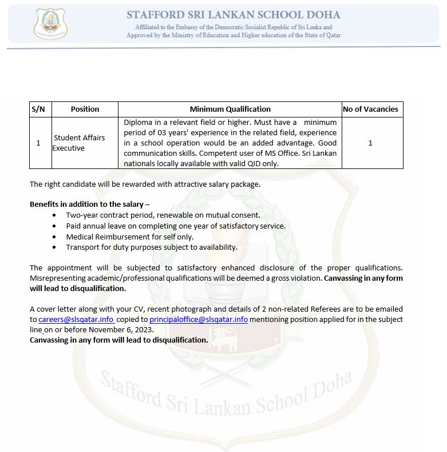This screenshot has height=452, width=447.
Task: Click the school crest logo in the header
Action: (x=51, y=24)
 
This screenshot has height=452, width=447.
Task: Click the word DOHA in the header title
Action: (x=323, y=15)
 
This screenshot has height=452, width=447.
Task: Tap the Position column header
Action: (x=85, y=109)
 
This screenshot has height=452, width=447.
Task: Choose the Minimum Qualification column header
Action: (x=230, y=109)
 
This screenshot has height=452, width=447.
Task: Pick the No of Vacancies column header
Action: (x=370, y=109)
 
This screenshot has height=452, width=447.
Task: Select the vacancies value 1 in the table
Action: (x=370, y=143)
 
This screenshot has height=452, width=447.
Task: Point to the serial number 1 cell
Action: (x=38, y=143)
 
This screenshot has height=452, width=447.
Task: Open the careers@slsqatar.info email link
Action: (x=76, y=319)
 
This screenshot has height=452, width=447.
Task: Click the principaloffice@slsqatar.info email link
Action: (x=198, y=319)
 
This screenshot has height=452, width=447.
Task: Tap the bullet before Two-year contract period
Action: (x=54, y=215)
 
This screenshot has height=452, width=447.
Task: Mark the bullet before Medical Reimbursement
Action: (x=54, y=237)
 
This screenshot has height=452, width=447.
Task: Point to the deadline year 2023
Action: (x=145, y=329)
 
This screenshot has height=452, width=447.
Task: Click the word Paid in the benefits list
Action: (x=73, y=226)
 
